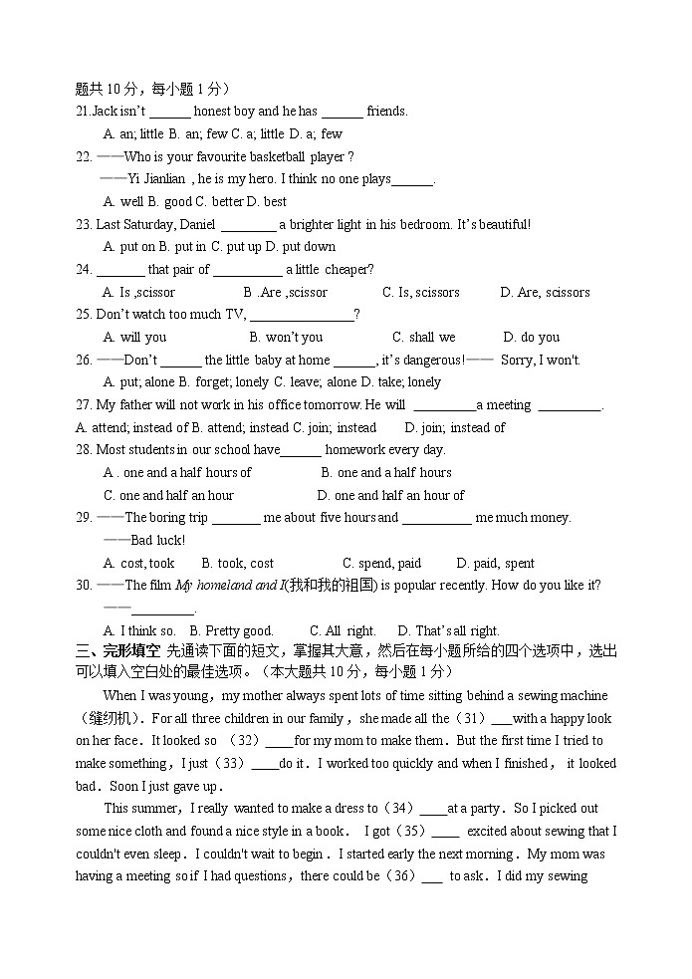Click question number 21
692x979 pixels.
click(x=84, y=112)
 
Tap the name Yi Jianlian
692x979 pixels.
click(x=156, y=179)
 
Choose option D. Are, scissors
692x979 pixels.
click(x=545, y=292)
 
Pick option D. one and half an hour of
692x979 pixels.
click(x=390, y=495)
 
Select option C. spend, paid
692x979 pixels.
click(x=381, y=563)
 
